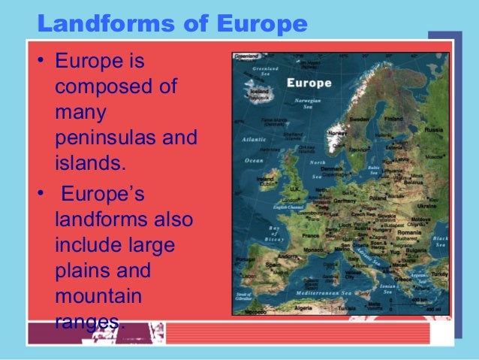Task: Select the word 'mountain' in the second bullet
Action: point(98,296)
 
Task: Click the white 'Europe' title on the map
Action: point(309,83)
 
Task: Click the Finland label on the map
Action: point(393,119)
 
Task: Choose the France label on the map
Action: point(310,234)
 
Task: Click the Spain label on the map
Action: point(272,265)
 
